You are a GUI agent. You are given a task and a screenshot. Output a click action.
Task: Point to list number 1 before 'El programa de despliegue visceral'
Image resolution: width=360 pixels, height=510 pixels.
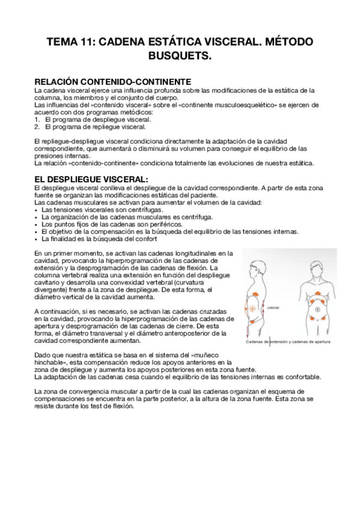(37, 120)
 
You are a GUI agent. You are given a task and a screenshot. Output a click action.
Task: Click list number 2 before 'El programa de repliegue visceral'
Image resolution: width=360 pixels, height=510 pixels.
(37, 127)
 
